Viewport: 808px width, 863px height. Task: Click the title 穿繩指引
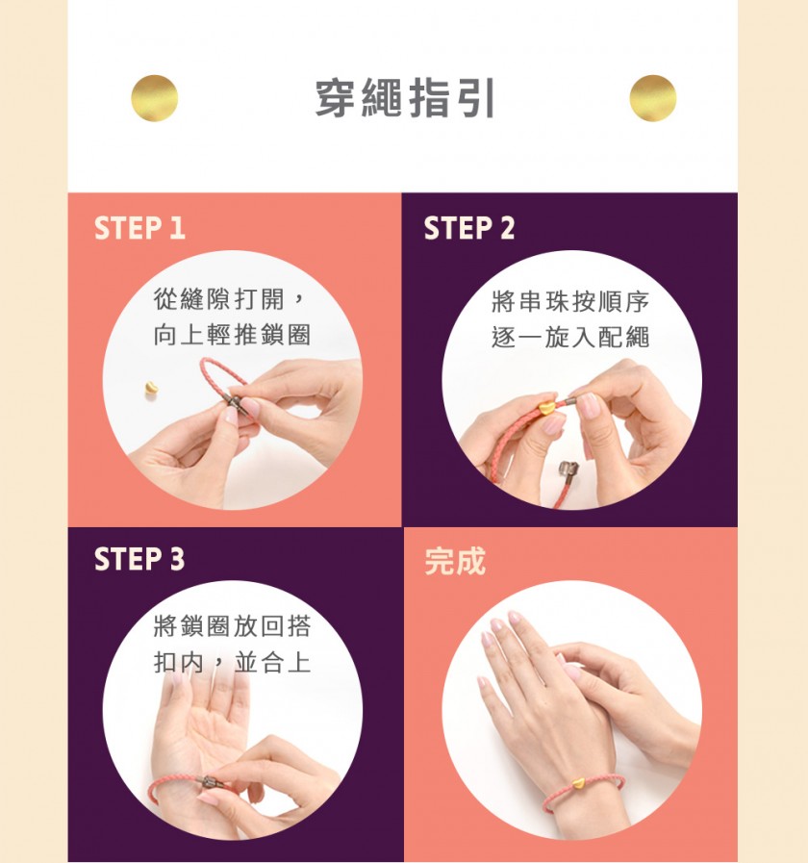[x=405, y=98]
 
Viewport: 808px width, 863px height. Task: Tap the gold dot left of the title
[x=155, y=98]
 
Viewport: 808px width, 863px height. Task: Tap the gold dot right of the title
[x=653, y=98]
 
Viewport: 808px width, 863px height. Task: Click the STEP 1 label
[x=139, y=228]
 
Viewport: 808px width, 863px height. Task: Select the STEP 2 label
[x=469, y=228]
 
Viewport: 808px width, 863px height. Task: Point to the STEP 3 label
[x=139, y=559]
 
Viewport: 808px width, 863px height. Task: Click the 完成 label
[x=455, y=562]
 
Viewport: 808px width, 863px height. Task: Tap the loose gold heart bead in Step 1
[x=151, y=388]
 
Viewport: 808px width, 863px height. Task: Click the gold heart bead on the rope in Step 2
[x=546, y=408]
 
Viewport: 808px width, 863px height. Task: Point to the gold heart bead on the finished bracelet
[x=577, y=781]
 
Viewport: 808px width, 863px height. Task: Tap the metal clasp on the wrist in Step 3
[x=210, y=781]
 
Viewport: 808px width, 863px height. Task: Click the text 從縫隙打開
[x=219, y=299]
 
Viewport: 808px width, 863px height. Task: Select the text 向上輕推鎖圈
[x=232, y=335]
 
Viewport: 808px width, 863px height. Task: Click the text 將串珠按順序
[x=570, y=301]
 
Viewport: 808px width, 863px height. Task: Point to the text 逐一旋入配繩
[x=570, y=338]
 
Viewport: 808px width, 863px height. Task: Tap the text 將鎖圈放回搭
[x=232, y=626]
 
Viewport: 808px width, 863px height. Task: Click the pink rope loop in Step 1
[x=220, y=369]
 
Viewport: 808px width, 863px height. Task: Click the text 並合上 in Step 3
[x=272, y=662]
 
